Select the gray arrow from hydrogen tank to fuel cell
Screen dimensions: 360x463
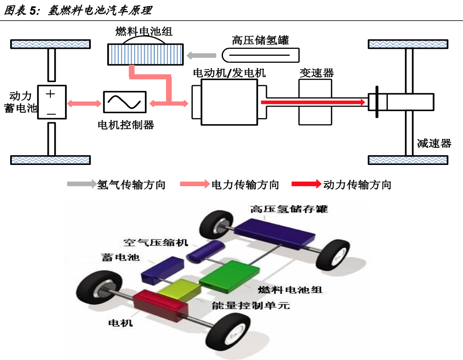(201, 55)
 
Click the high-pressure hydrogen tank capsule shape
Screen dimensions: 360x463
(261, 55)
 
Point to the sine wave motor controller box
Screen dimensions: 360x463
(124, 102)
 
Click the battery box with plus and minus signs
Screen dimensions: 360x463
(51, 102)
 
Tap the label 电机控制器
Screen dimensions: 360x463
(126, 125)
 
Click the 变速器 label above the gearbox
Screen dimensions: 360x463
(317, 73)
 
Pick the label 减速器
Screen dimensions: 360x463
(434, 143)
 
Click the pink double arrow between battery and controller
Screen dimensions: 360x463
(84, 103)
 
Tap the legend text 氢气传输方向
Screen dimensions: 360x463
(131, 184)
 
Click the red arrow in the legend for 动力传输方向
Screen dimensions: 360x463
(306, 184)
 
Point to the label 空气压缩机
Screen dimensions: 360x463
(156, 243)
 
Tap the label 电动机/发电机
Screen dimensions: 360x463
(229, 73)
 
